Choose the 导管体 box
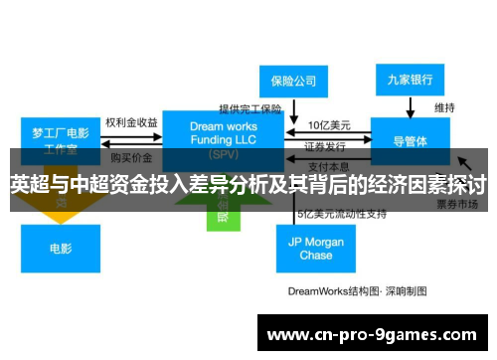(411, 140)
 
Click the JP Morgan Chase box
(315, 248)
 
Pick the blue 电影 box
(61, 248)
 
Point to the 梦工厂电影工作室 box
(61, 140)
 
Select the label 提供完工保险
(251, 108)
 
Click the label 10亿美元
(328, 125)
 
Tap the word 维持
(444, 106)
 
